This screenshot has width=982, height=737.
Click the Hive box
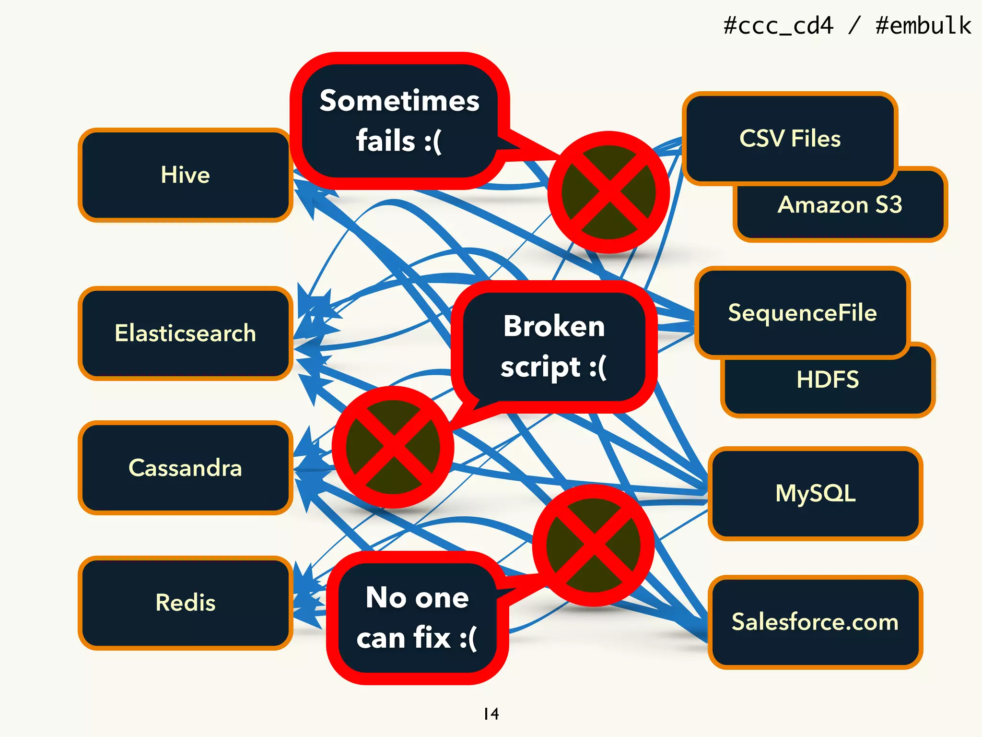point(185,175)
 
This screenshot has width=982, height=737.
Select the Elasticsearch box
point(185,333)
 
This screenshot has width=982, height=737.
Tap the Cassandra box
point(185,467)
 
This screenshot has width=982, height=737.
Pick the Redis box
point(185,602)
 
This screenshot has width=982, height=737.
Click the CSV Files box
point(790,138)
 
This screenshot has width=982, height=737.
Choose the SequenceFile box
point(802,312)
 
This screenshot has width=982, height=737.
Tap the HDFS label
point(828,380)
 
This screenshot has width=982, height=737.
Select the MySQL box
point(815,493)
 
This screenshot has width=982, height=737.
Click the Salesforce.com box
point(815,622)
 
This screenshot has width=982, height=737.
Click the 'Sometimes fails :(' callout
point(399,121)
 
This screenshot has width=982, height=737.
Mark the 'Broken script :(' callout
point(554,346)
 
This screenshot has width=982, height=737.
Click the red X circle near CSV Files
point(608,192)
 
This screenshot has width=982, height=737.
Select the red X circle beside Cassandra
point(393,447)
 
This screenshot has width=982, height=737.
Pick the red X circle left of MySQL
point(594,545)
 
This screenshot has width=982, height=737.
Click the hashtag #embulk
point(923,25)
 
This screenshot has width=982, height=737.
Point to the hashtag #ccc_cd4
point(778,25)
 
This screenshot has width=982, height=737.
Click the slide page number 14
point(491,714)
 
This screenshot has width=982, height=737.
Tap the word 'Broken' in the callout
point(554,326)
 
